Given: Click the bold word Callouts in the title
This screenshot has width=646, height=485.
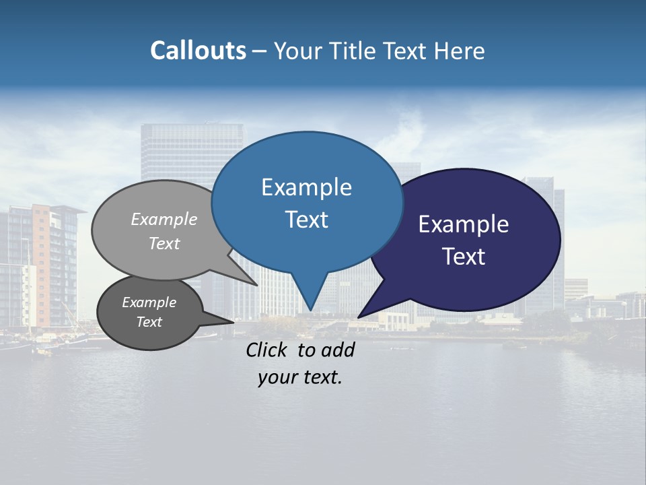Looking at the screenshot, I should pos(198,51).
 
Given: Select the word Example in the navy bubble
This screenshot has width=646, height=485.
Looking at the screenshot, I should pos(464,224).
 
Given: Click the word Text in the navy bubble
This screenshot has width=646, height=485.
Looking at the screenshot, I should pos(464,257).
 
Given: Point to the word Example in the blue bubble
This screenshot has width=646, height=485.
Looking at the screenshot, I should pos(306,187).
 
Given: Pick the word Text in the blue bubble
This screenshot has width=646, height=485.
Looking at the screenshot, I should pos(306,220).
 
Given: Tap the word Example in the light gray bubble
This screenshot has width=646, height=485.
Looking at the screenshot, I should pos(164,219).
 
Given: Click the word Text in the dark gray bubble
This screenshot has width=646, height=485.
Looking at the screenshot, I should pos(149,322).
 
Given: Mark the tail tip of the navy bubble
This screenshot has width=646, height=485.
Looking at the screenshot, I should pos(359,317).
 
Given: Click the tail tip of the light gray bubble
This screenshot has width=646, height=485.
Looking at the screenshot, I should pos(257,285).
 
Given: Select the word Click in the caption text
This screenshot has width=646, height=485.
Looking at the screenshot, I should pos(267,350).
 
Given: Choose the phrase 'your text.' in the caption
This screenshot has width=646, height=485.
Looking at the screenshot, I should pos(300,377).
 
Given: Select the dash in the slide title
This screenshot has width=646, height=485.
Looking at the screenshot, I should pos(260,51).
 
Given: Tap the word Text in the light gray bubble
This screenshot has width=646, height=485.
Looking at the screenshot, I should pos(164,243).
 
